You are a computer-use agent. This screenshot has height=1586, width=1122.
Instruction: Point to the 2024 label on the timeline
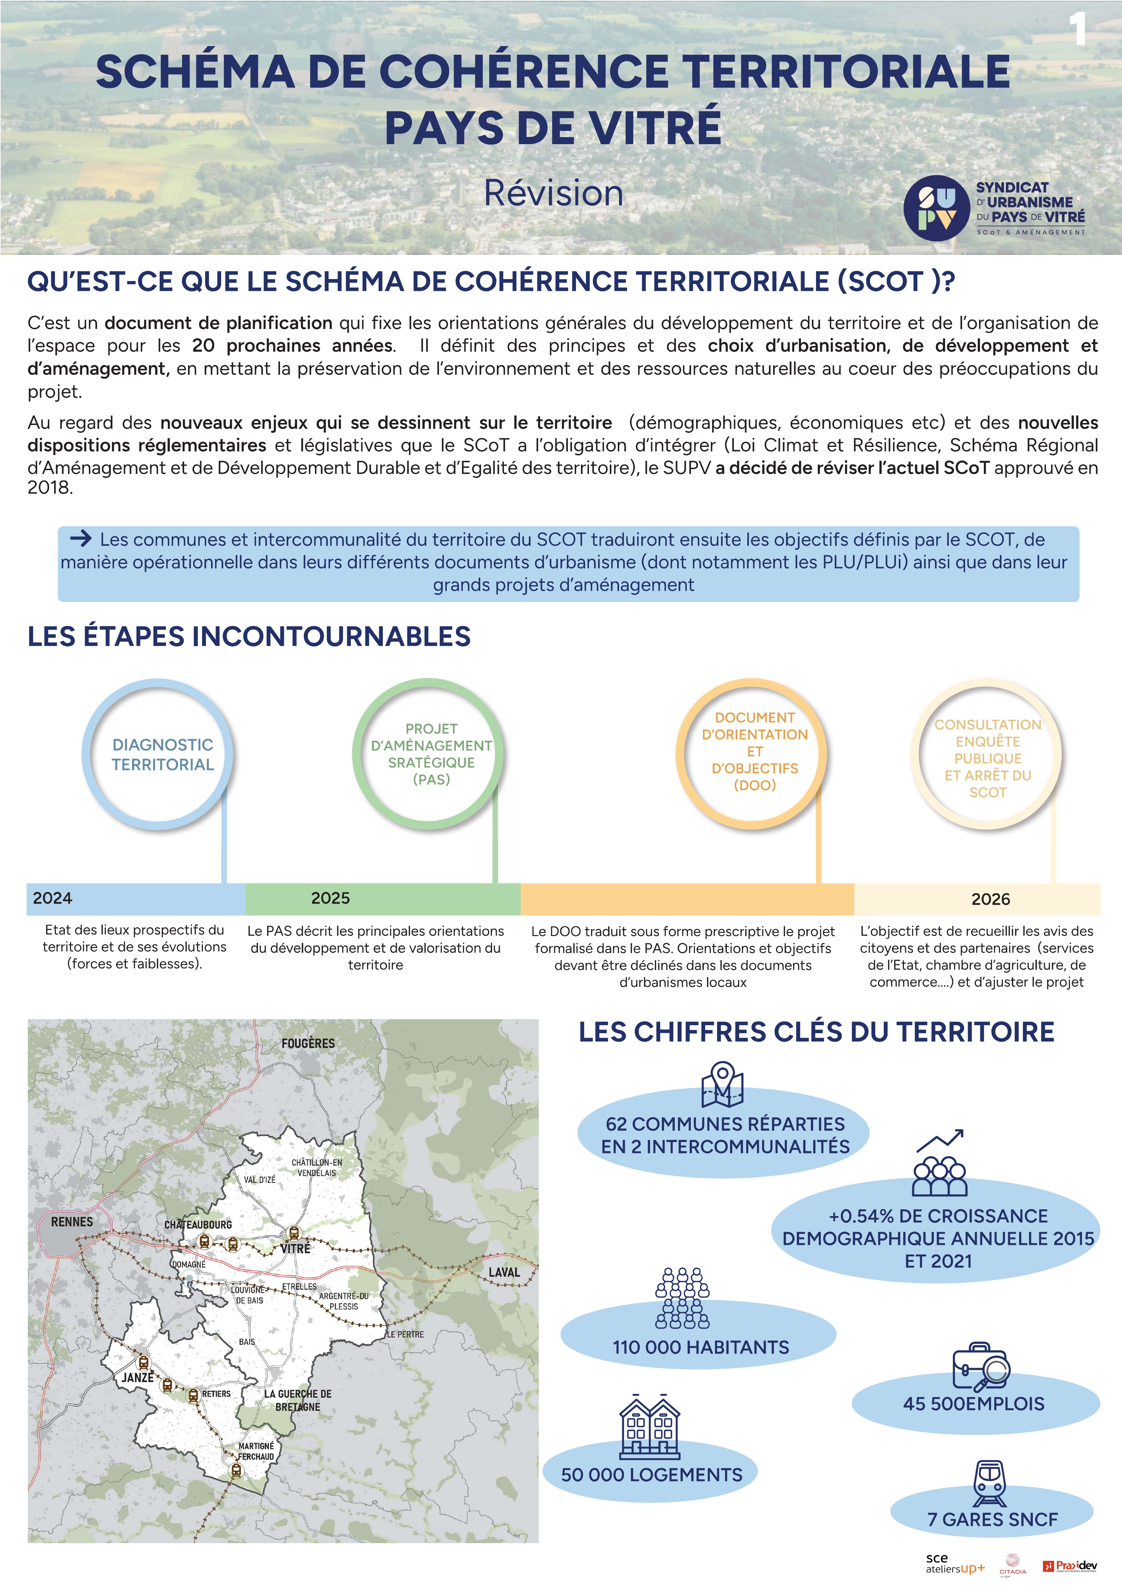(x=52, y=898)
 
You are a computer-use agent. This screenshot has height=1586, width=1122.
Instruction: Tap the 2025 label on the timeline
(x=330, y=898)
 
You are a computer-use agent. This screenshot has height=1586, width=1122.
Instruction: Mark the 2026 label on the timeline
(x=990, y=899)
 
